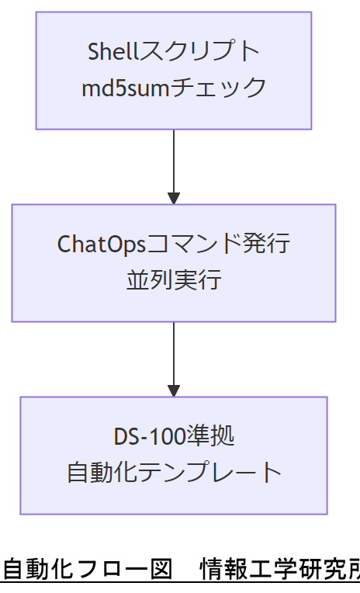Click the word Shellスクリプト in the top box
174,52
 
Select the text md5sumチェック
174,87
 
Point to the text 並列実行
174,279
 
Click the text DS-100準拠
174,436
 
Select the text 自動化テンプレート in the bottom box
174,472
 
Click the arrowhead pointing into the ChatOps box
174,197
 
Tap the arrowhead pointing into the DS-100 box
174,390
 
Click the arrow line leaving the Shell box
174,159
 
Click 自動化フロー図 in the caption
87,570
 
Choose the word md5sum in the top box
126,87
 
